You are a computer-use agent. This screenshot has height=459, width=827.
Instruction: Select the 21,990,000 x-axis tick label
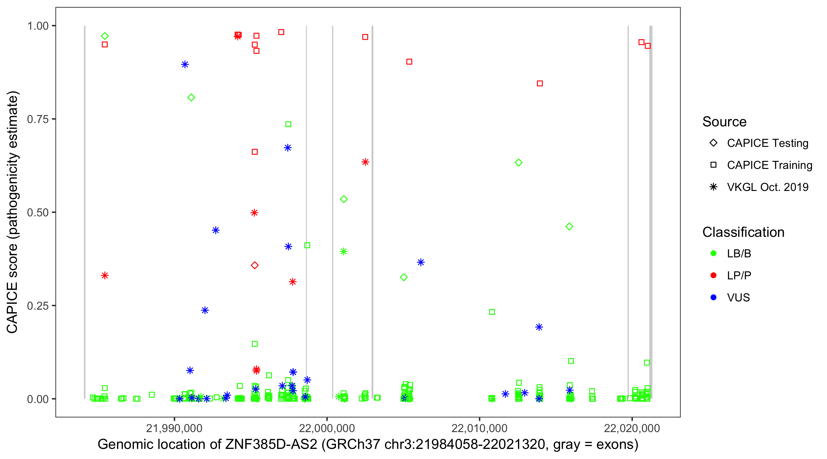[x=174, y=428]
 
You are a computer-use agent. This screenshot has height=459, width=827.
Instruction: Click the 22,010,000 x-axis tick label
[x=479, y=428]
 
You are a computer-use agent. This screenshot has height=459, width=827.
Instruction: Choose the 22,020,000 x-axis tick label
[x=632, y=428]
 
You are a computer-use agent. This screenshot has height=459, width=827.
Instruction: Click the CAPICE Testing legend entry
[x=767, y=143]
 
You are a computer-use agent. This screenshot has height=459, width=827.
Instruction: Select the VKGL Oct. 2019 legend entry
[x=767, y=187]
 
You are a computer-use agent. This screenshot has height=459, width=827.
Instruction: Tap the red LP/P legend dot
[x=713, y=275]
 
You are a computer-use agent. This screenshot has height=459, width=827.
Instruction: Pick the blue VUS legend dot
[x=713, y=297]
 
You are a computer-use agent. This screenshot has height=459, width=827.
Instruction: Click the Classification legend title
[x=743, y=232]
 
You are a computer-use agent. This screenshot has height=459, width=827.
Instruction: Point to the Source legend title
[x=724, y=121]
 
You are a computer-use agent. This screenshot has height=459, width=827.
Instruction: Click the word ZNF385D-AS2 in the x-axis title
[x=271, y=445]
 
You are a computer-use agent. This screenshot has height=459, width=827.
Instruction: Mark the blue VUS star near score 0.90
[x=185, y=65]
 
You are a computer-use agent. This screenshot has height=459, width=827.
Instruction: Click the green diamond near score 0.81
[x=191, y=98]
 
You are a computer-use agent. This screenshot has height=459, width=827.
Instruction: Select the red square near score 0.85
[x=540, y=84]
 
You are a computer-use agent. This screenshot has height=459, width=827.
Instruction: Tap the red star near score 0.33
[x=105, y=275]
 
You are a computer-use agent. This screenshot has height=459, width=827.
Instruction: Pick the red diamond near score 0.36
[x=255, y=265]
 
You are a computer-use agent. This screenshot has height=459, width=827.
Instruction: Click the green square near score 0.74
[x=288, y=124]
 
